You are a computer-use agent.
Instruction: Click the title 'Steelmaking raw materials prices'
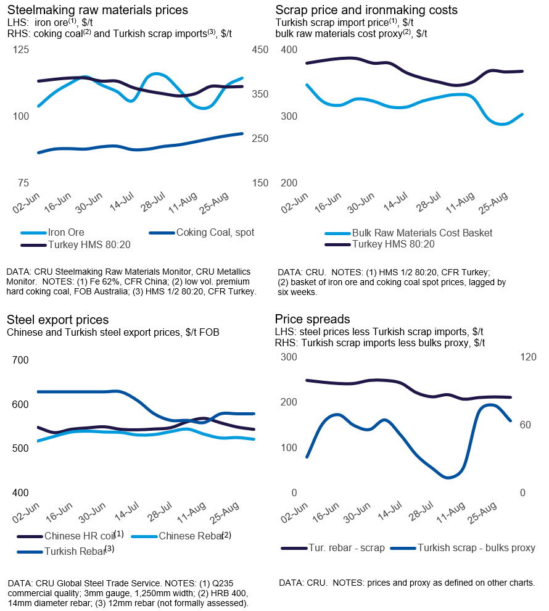pyautogui.click(x=97, y=10)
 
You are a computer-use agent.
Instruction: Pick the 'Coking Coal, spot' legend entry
pyautogui.click(x=215, y=233)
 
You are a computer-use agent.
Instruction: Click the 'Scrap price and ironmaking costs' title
pyautogui.click(x=366, y=10)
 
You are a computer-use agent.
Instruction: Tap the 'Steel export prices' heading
pyautogui.click(x=58, y=320)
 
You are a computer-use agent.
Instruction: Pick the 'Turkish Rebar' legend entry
pyautogui.click(x=73, y=551)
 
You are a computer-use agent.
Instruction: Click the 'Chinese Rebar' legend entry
pyautogui.click(x=191, y=536)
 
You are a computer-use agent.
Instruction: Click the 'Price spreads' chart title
pyautogui.click(x=313, y=320)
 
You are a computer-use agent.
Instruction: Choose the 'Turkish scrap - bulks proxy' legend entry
pyautogui.click(x=476, y=547)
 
